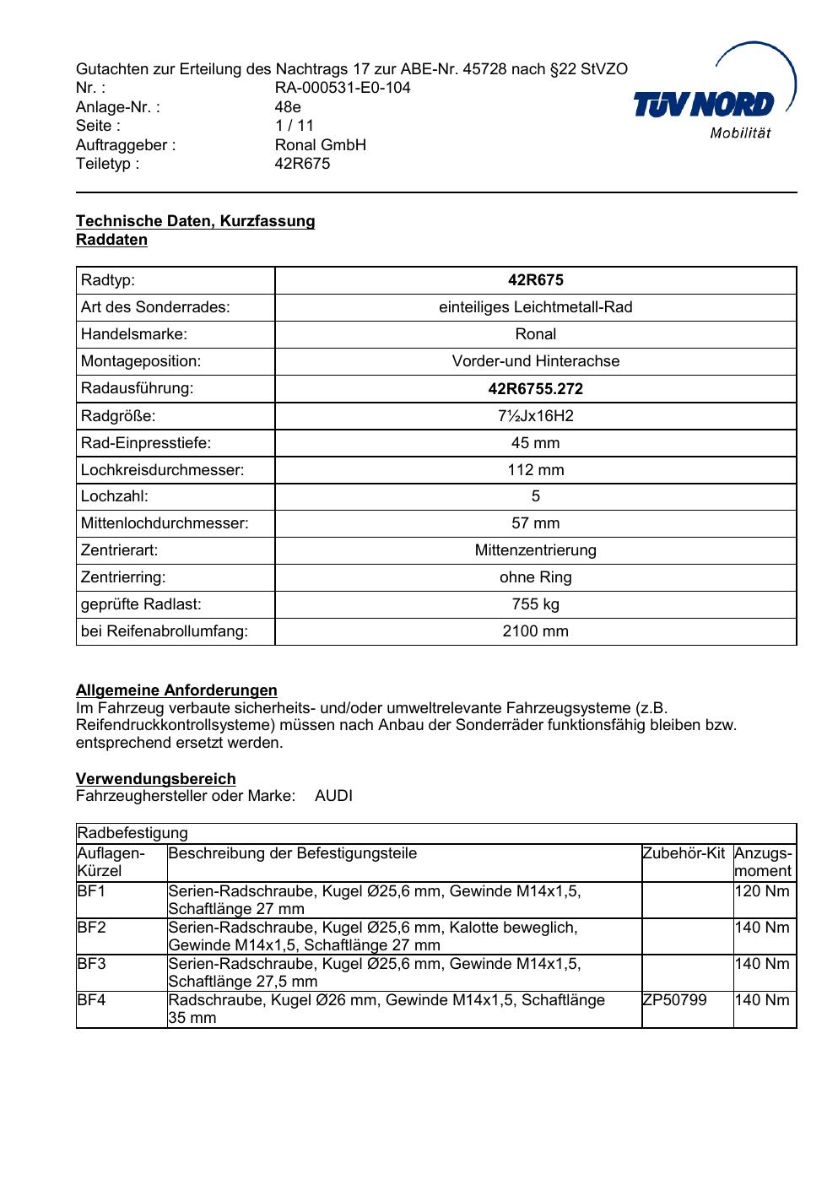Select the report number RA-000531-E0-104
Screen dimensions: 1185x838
coord(343,88)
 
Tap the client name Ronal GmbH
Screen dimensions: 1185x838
coord(320,144)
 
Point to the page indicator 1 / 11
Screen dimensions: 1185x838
coord(295,126)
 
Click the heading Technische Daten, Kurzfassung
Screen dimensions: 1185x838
coord(195,221)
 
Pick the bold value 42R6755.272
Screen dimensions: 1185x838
coord(535,389)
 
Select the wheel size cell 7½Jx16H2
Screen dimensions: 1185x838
coord(535,416)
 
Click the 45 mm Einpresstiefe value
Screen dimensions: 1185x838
coord(535,443)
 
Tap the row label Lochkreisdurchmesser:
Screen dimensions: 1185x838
coord(162,470)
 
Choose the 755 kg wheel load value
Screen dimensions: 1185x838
coord(535,604)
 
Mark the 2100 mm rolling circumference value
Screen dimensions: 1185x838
coord(535,631)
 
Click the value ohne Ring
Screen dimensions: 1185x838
coord(535,577)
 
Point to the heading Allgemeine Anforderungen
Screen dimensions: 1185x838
coord(176,690)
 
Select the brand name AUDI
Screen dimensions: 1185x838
coord(333,796)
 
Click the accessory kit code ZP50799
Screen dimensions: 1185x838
coord(674,1000)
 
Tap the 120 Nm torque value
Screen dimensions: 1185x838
coord(762,891)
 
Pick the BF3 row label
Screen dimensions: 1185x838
coord(91,964)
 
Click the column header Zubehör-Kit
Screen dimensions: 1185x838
coord(684,853)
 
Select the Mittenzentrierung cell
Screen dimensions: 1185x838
coord(535,550)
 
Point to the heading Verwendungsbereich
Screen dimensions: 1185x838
coord(155,779)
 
